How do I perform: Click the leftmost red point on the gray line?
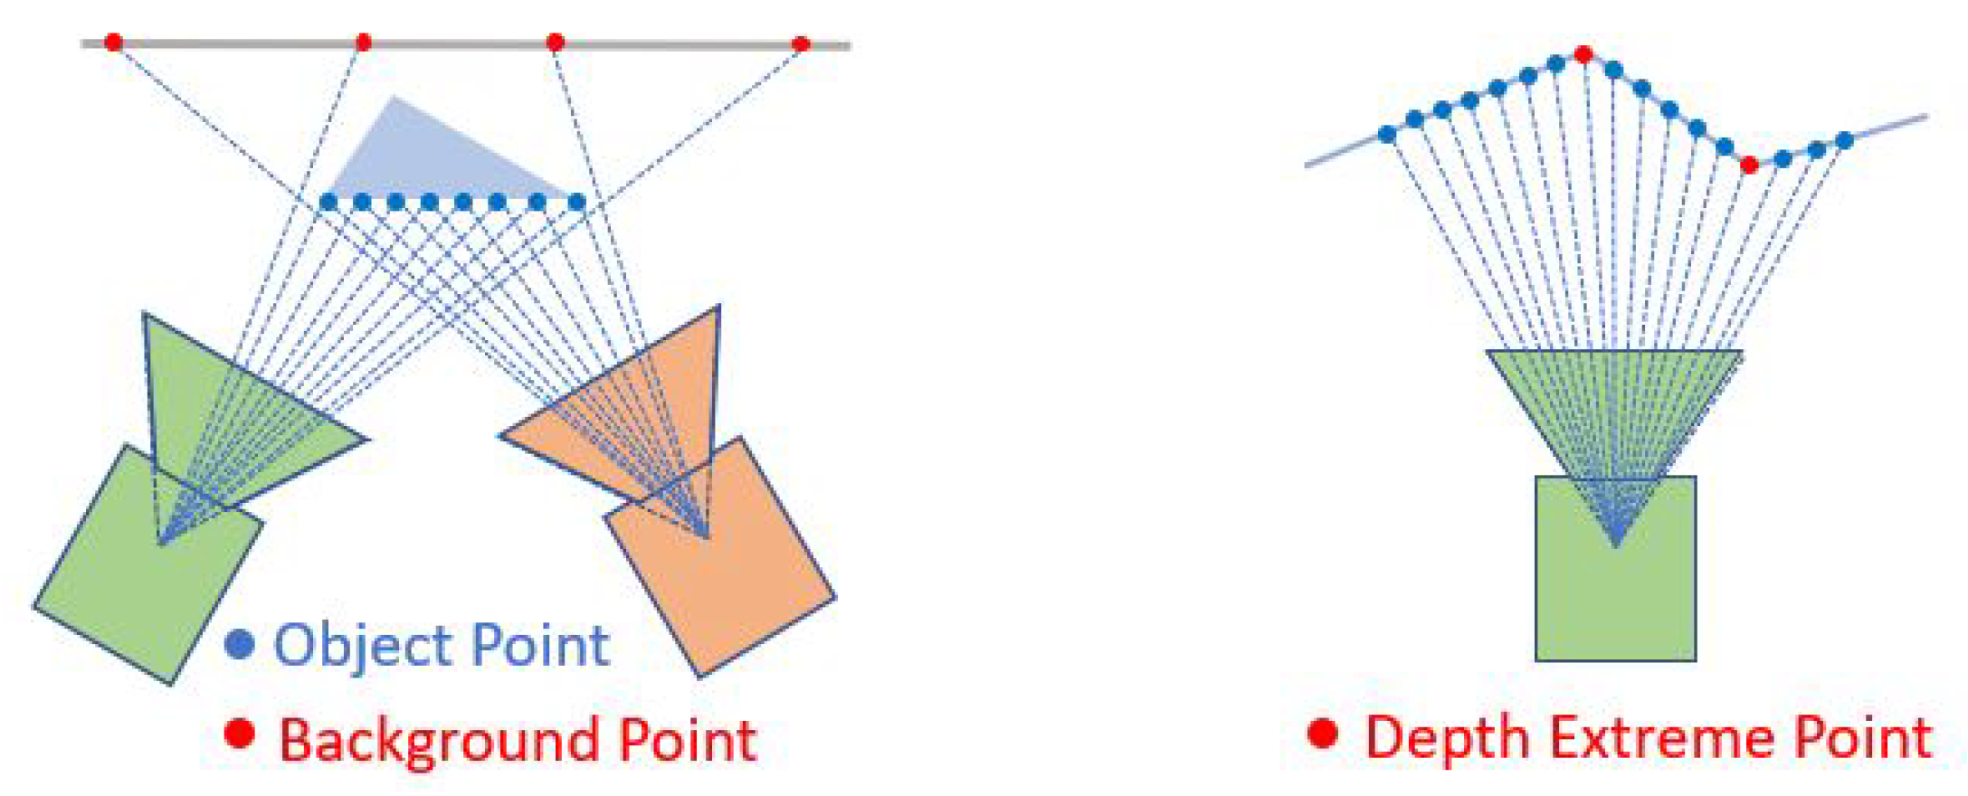coord(113,42)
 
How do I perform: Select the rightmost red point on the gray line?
coord(800,43)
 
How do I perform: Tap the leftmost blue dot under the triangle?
coord(328,202)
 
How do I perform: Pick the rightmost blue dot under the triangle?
coord(576,202)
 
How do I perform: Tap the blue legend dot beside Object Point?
coord(239,644)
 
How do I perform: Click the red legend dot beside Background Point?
coord(239,734)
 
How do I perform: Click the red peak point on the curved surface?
coord(1583,54)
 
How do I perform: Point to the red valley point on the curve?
coord(1749,165)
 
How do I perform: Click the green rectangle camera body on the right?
coord(1615,597)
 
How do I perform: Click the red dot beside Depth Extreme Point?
coord(1322,734)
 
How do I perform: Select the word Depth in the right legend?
coord(1448,737)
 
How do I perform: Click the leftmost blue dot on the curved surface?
coord(1386,135)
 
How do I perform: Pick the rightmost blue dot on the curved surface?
coord(1844,140)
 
